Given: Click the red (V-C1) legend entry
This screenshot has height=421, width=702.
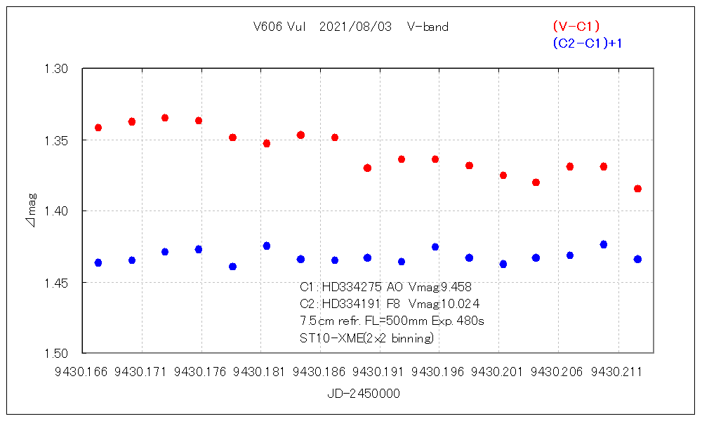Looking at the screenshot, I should [576, 27].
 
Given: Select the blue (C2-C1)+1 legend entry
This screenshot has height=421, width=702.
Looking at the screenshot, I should [588, 44].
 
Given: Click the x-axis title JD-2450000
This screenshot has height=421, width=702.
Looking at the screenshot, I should [364, 394].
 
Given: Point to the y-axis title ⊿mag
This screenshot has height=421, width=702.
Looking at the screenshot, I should [31, 211].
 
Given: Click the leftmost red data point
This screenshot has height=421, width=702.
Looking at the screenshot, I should [98, 128].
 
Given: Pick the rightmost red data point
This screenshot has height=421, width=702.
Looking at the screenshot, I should [637, 189].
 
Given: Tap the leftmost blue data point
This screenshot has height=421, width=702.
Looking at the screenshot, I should [98, 262].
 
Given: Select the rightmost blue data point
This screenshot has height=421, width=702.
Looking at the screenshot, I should [637, 259].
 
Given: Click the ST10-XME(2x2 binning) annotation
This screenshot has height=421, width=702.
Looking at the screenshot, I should [366, 338].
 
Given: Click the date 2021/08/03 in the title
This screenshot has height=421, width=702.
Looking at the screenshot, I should [352, 27].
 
